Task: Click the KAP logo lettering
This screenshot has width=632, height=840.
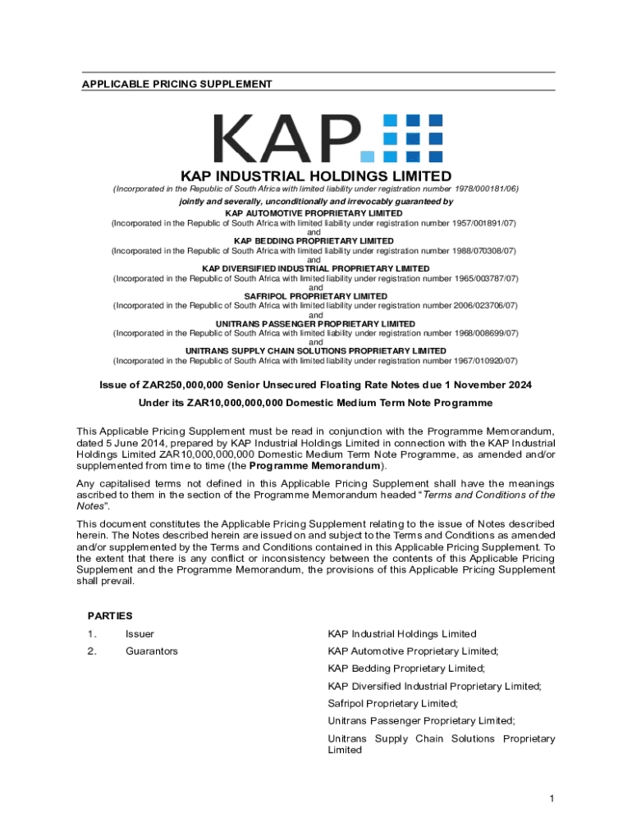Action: coord(287,138)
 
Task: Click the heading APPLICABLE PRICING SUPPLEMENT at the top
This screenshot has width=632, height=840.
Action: coord(176,84)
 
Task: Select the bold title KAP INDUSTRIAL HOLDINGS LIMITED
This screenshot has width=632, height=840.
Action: coord(316,176)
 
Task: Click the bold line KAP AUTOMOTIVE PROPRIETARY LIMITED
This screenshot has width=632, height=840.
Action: coord(315,213)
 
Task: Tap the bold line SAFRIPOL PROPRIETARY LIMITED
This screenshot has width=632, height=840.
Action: coord(315,296)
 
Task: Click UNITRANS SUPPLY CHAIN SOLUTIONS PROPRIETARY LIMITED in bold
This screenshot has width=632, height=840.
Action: coord(315,351)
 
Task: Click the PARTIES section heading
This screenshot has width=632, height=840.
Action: coord(110,615)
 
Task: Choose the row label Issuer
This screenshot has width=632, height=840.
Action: coord(140,634)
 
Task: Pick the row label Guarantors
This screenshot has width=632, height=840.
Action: coord(151,651)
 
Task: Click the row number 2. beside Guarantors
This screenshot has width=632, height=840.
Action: coord(92,651)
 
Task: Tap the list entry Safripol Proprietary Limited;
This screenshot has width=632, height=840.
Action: coord(392,704)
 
